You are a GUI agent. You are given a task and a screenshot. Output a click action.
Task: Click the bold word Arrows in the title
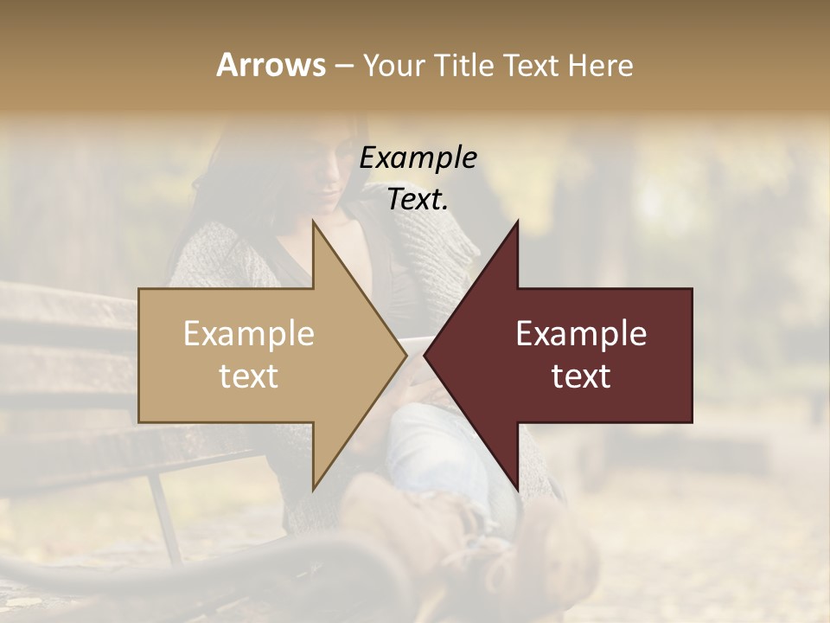tap(271, 65)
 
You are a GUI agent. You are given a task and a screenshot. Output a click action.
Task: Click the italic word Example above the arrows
tap(418, 158)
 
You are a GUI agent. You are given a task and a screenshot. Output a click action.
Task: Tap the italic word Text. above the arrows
tap(418, 199)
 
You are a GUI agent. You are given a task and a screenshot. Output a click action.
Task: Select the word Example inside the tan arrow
tap(249, 334)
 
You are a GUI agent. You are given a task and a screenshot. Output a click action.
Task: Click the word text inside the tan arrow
tap(249, 376)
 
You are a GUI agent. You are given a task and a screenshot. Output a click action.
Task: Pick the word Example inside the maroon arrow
tap(581, 334)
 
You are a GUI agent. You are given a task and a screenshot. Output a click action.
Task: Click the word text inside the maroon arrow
tap(581, 376)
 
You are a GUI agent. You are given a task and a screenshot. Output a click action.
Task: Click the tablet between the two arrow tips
tap(415, 346)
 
